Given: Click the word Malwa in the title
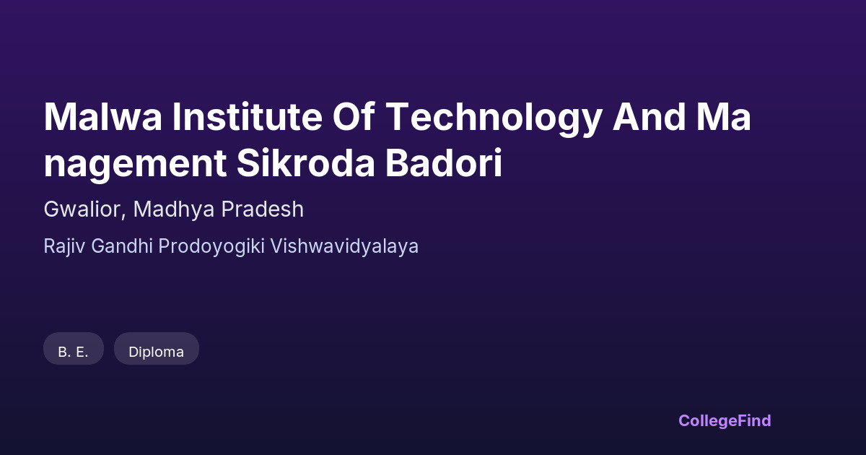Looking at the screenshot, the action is (x=102, y=117).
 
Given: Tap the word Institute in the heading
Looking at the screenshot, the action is (x=248, y=117).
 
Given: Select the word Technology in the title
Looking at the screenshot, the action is (x=494, y=120).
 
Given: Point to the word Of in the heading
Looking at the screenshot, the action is (x=354, y=117).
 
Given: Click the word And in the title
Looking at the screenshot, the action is (x=649, y=117).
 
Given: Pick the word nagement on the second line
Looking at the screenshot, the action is (x=136, y=165).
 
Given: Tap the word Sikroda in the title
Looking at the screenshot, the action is (x=306, y=162).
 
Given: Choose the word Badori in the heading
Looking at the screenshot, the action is (x=444, y=162).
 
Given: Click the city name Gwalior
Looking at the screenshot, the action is (x=82, y=209).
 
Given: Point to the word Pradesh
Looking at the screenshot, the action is (x=263, y=209).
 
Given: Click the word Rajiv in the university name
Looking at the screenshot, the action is (x=64, y=247).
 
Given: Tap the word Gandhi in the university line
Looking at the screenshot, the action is (x=122, y=246).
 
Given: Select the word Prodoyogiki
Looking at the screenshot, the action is (x=211, y=247).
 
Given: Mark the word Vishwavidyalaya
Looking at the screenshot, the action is (x=344, y=247).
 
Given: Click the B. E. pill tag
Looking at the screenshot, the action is (x=74, y=349).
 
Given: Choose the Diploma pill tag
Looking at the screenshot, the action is (x=157, y=349).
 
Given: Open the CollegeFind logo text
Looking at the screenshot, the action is (x=725, y=421).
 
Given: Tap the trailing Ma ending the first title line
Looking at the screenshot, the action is (x=724, y=117).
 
